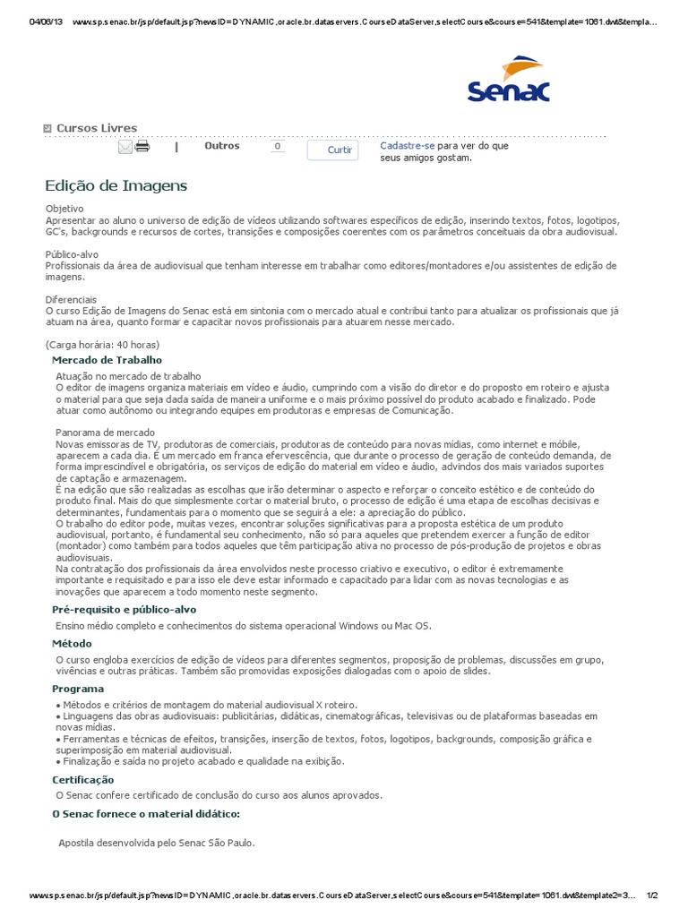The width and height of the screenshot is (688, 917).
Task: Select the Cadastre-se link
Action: point(408,145)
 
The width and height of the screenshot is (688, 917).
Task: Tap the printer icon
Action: point(142,147)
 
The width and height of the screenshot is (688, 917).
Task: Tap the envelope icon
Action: point(125,147)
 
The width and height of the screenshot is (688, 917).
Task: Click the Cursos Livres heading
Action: point(97,128)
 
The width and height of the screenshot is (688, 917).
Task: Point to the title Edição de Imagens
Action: point(116,185)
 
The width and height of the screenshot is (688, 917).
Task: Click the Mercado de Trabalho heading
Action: point(107,359)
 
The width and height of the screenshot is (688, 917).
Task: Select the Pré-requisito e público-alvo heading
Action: point(124,609)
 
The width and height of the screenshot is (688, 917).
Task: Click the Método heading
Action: point(72,643)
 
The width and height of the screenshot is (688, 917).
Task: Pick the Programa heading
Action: point(78,689)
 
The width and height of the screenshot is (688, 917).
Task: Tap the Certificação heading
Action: point(83,780)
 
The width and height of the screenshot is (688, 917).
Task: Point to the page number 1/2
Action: point(651,896)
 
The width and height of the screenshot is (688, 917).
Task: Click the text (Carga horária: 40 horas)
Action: point(102,345)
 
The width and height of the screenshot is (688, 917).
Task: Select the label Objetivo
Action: point(64,209)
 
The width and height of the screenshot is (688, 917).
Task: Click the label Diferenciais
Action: point(71,299)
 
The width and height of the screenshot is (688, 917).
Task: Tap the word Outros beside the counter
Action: point(222,145)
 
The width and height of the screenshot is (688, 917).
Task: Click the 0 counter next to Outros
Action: point(277,146)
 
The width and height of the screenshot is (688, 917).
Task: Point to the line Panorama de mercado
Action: point(107,433)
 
